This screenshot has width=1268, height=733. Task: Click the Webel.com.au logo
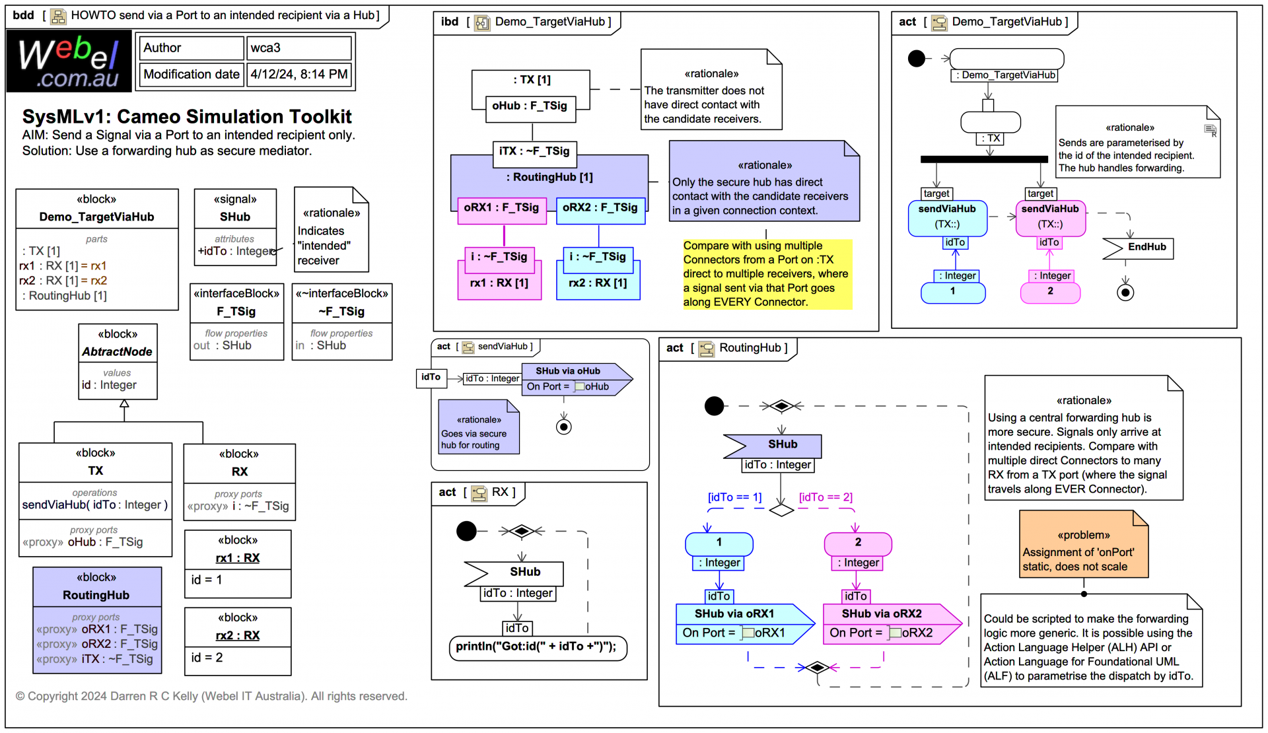click(x=69, y=62)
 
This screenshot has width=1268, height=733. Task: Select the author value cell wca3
click(x=299, y=48)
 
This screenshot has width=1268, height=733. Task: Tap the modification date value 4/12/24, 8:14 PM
click(x=299, y=74)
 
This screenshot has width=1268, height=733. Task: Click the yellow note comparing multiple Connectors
click(x=766, y=274)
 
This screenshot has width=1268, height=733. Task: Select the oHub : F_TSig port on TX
click(x=530, y=106)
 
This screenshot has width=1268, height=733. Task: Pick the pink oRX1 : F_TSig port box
click(x=501, y=208)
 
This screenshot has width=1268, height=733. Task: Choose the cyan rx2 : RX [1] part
click(x=598, y=283)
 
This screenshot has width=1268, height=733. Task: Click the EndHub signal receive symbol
click(x=1138, y=248)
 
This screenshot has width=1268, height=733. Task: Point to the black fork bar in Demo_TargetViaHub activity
click(x=983, y=159)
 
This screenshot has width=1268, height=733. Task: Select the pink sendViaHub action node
click(x=1050, y=217)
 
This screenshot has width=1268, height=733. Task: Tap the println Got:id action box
click(x=536, y=646)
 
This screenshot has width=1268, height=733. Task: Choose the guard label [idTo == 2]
click(x=826, y=497)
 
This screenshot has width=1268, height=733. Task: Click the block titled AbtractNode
click(x=118, y=352)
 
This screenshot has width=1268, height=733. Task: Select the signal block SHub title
click(x=235, y=217)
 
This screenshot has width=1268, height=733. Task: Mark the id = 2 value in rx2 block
click(x=207, y=658)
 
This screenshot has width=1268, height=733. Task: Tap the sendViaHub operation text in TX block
click(x=94, y=505)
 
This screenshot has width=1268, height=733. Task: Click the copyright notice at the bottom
click(x=211, y=697)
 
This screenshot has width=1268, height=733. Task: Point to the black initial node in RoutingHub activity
click(x=714, y=405)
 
